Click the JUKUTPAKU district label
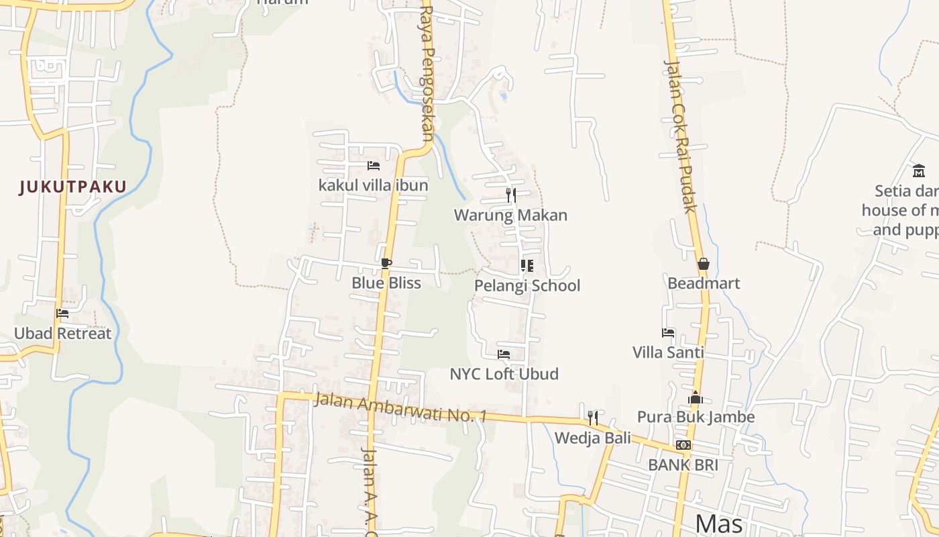pos(73,187)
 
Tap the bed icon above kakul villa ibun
pos(374,166)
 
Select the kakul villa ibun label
pos(374,185)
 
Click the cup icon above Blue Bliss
pos(386,263)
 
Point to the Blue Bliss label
pos(386,283)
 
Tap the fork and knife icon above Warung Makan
pos(511,195)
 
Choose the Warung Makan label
pos(511,215)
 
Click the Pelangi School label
pos(527,285)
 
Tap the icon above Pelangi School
pos(527,266)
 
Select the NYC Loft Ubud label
pos(504,374)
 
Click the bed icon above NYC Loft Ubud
pos(504,354)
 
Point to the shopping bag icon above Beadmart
pos(703,264)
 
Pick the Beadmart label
pos(704,283)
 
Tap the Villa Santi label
pos(668,352)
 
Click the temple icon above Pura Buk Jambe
pos(696,398)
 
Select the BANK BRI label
pos(683,465)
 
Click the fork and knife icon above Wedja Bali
pos(593,418)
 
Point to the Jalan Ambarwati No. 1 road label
pos(400,407)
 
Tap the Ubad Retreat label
pos(62,333)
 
